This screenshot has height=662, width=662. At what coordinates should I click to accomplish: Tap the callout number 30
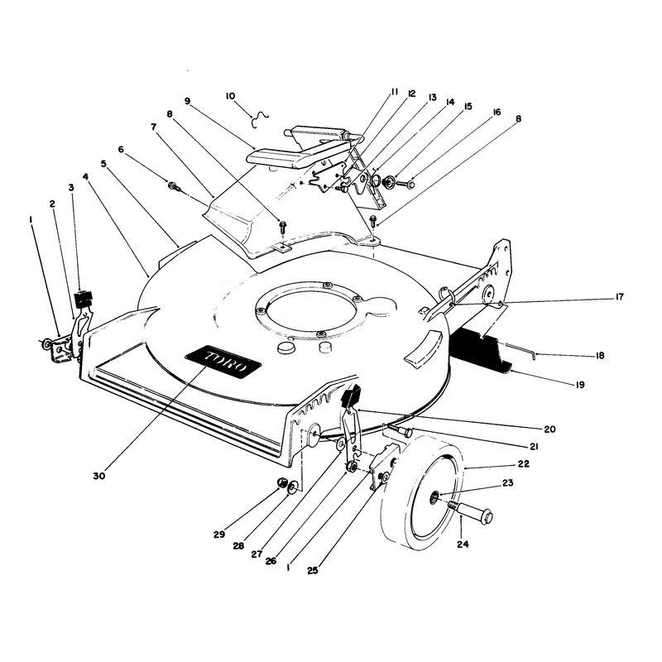(x=99, y=476)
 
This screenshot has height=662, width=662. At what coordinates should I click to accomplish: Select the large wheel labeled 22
(x=423, y=492)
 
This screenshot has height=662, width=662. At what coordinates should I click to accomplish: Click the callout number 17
(x=619, y=297)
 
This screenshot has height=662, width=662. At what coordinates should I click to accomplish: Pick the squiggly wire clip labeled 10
(x=259, y=119)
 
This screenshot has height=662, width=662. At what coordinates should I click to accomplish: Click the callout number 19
(x=580, y=385)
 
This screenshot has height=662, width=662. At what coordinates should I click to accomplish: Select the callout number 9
(x=188, y=101)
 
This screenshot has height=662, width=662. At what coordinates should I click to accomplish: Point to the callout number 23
(x=507, y=482)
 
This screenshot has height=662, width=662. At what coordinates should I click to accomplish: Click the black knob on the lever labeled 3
(x=84, y=299)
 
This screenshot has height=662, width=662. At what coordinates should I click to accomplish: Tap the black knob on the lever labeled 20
(x=350, y=398)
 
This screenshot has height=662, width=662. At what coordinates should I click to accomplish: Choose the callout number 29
(x=219, y=534)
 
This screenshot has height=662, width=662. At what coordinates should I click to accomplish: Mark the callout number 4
(x=86, y=176)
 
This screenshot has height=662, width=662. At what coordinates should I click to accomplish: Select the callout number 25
(x=313, y=570)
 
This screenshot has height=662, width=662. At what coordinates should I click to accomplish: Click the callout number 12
(x=411, y=94)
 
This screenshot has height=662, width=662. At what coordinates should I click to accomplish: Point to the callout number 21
(x=534, y=446)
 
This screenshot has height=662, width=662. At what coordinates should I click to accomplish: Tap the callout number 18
(x=599, y=356)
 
